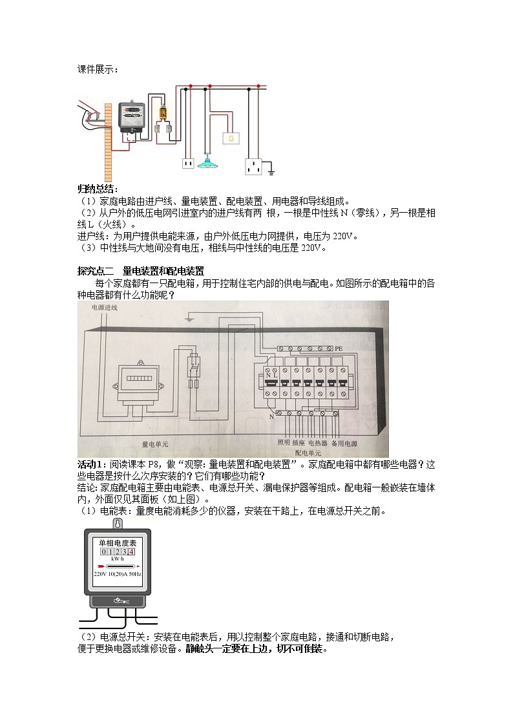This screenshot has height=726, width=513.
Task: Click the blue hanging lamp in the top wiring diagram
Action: click(x=208, y=162)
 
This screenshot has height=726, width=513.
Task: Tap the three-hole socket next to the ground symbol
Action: click(x=253, y=167)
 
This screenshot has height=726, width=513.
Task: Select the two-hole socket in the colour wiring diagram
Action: click(x=188, y=163)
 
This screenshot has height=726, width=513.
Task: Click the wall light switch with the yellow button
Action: click(x=231, y=138)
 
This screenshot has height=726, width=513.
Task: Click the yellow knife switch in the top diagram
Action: click(x=163, y=113)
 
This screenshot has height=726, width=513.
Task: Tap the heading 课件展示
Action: click(x=98, y=69)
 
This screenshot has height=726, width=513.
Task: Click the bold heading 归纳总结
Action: click(x=98, y=189)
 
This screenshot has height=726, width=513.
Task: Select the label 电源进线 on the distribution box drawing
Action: click(x=105, y=308)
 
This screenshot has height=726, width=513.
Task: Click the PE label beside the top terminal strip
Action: click(x=339, y=348)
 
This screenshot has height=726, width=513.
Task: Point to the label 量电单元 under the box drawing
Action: click(x=155, y=445)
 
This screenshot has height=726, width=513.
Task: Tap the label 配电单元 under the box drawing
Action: click(x=308, y=453)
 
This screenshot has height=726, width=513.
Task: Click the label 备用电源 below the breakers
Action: click(x=344, y=443)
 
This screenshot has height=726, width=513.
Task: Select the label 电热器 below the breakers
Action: click(x=318, y=443)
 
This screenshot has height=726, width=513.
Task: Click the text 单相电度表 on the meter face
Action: click(x=118, y=542)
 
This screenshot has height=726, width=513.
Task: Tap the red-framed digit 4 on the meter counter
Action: click(x=131, y=551)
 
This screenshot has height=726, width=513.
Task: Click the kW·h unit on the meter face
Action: click(x=118, y=559)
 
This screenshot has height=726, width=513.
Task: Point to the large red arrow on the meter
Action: click(x=101, y=566)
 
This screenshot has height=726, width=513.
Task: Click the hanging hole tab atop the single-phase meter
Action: click(x=118, y=524)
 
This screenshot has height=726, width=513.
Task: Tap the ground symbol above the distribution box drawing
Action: click(x=189, y=318)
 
